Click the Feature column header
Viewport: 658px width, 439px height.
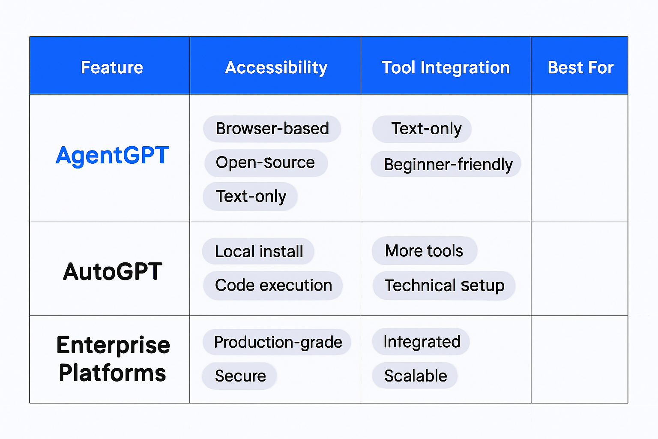pos(112,67)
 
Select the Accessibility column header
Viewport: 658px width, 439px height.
pos(276,67)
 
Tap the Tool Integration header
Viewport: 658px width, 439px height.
pos(446,67)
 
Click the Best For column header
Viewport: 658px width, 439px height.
pos(580,67)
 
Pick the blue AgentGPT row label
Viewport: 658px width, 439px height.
pos(112,155)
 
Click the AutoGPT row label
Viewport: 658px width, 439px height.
pos(112,271)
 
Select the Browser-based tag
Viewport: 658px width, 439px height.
pos(272,129)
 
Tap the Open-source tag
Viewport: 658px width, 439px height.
pos(266,162)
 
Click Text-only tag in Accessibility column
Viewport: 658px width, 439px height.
pos(251,196)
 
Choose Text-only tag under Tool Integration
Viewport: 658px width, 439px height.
pos(422,129)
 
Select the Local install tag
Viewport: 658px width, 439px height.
pos(259,251)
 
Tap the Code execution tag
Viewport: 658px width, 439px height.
pos(273,285)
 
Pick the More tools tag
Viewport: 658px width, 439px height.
pos(424,251)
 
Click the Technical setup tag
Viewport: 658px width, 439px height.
pos(444,286)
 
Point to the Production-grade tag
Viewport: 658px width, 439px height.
pos(278,342)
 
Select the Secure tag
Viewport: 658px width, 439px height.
pos(240,376)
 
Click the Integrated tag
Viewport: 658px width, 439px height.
pos(422,342)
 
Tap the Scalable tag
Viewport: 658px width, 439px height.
pos(415,376)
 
